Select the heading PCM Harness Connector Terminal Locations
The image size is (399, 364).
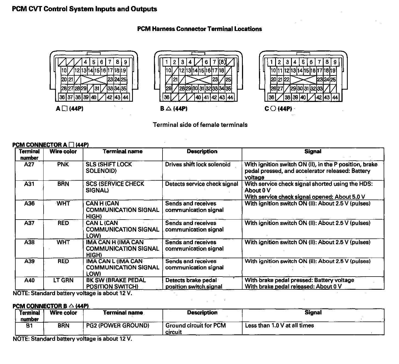click(x=199, y=29)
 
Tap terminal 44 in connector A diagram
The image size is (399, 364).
click(x=126, y=97)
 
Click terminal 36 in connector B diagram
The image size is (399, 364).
click(x=167, y=97)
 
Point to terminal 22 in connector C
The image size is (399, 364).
click(x=287, y=80)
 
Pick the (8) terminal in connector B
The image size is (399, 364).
click(x=222, y=62)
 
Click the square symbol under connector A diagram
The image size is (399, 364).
click(x=64, y=109)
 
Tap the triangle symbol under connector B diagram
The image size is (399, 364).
click(x=169, y=109)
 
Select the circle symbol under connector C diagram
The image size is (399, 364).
click(x=273, y=109)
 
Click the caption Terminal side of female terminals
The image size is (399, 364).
click(x=200, y=125)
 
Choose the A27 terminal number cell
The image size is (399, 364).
click(x=29, y=164)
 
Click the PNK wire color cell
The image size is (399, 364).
click(x=63, y=164)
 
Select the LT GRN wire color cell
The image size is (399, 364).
click(x=63, y=280)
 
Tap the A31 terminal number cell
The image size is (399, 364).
click(x=29, y=184)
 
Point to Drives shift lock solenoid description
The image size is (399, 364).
click(x=198, y=164)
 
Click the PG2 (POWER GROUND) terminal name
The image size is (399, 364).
click(x=118, y=326)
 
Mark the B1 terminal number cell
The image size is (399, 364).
click(x=29, y=326)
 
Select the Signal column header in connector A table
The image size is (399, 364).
click(x=313, y=152)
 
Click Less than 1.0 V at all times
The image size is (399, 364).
click(x=279, y=326)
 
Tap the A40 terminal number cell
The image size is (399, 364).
click(x=29, y=280)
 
